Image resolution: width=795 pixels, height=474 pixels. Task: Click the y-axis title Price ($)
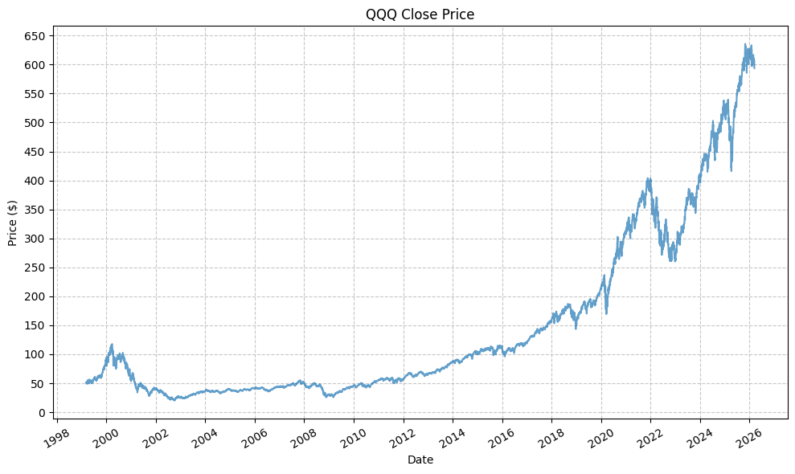(x=12, y=223)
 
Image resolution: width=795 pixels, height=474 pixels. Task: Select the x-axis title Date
(x=420, y=460)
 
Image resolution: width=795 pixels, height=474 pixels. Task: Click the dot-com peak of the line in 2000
(x=112, y=345)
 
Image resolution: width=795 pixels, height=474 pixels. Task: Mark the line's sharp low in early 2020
(x=606, y=313)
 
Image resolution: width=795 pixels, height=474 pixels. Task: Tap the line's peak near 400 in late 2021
(x=649, y=179)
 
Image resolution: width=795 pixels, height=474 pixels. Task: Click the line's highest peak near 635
(x=745, y=44)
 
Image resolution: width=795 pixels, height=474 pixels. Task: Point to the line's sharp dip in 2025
(x=731, y=170)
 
